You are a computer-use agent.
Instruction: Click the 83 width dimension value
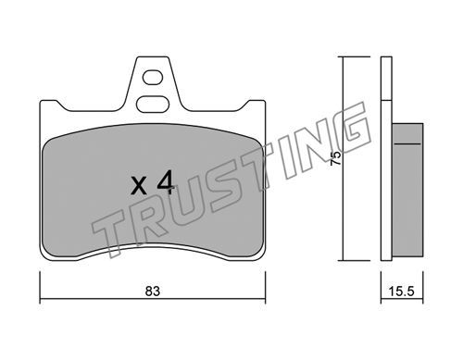(153, 291)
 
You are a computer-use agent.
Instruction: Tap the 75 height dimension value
(335, 158)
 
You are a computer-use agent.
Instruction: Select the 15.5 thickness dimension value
(401, 291)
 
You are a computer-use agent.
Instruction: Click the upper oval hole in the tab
(153, 77)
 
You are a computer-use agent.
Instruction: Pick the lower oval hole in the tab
(153, 104)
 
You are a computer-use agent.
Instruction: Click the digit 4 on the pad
(165, 183)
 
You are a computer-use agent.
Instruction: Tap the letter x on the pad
(139, 186)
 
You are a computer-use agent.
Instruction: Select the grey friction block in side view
(407, 190)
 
